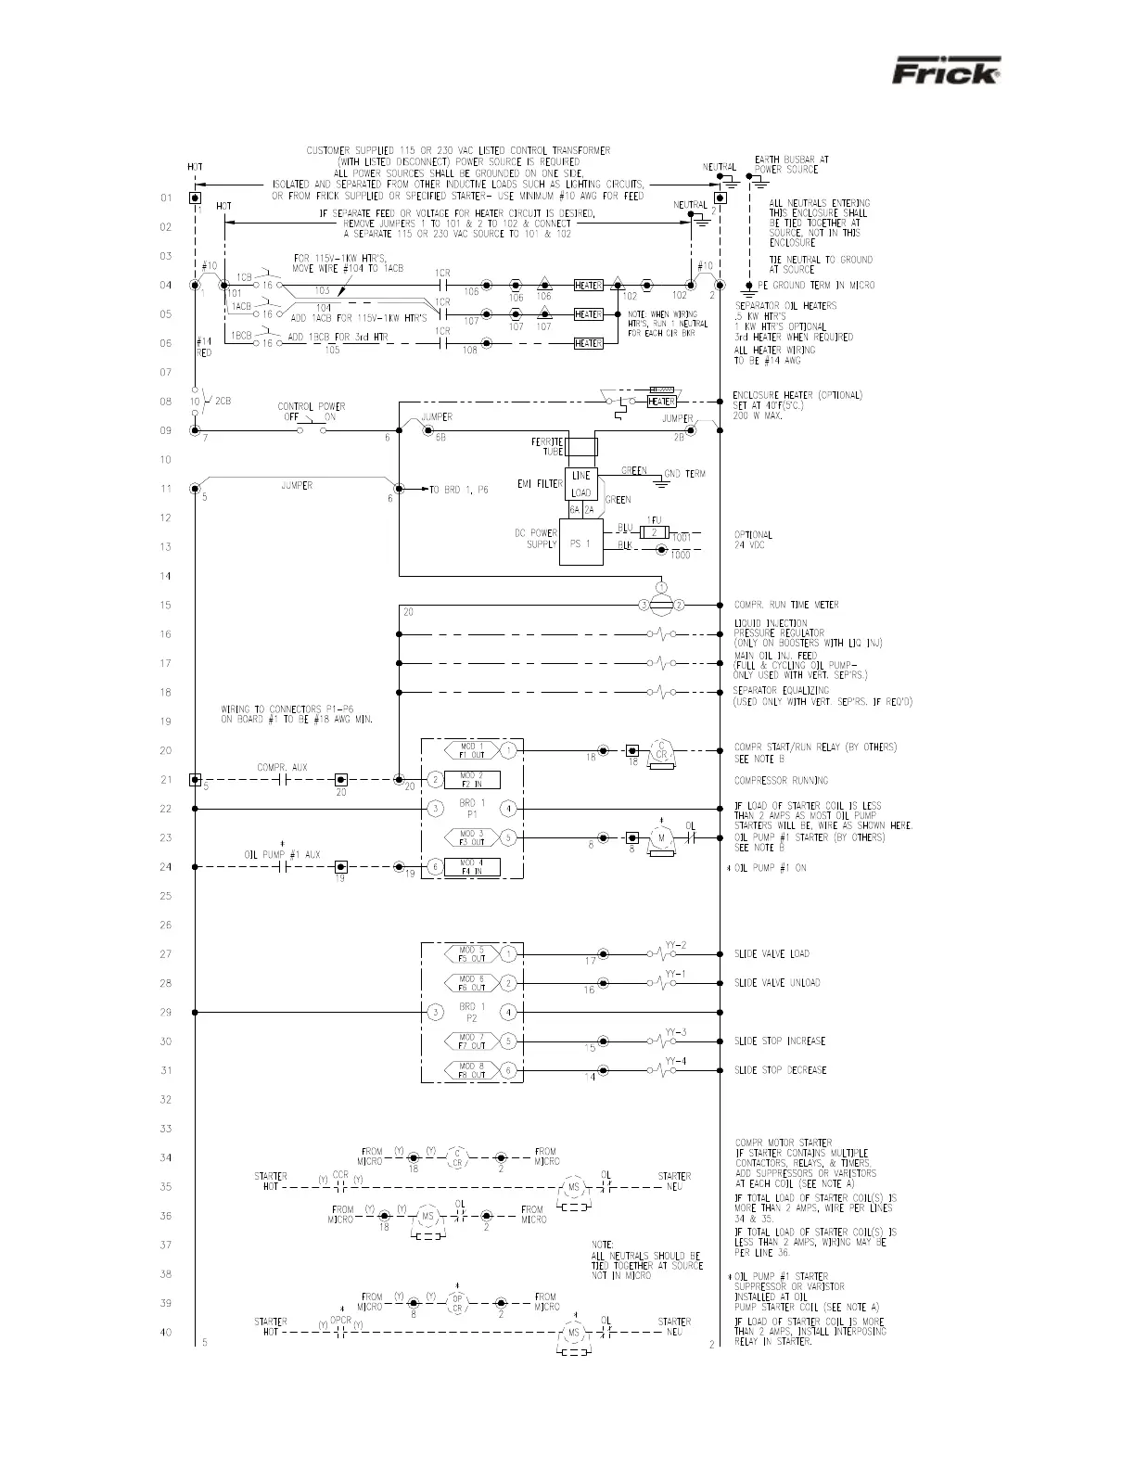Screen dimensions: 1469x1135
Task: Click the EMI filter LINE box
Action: pos(581,476)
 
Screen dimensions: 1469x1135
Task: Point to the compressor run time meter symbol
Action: pos(661,605)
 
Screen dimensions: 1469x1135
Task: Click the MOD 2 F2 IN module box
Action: pos(472,780)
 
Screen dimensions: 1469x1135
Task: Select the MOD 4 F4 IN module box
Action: pos(472,867)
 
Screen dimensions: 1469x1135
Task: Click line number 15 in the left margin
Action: pos(165,606)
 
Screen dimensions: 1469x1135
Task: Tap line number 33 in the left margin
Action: pos(165,1129)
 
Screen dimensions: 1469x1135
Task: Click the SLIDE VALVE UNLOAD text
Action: pos(777,983)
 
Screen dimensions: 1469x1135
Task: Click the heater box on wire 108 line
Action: pos(588,343)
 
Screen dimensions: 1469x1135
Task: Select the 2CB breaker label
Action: pos(223,402)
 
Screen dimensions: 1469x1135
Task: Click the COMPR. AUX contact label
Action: pos(282,767)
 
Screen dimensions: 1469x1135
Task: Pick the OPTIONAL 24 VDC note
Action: pos(753,541)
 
